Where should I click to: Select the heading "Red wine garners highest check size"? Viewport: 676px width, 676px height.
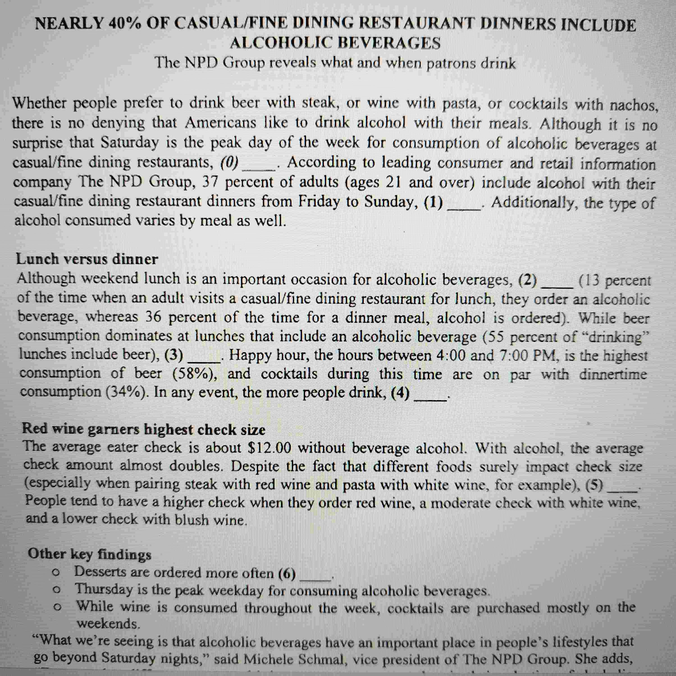point(144,429)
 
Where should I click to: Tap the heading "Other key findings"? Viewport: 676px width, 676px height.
point(90,554)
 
